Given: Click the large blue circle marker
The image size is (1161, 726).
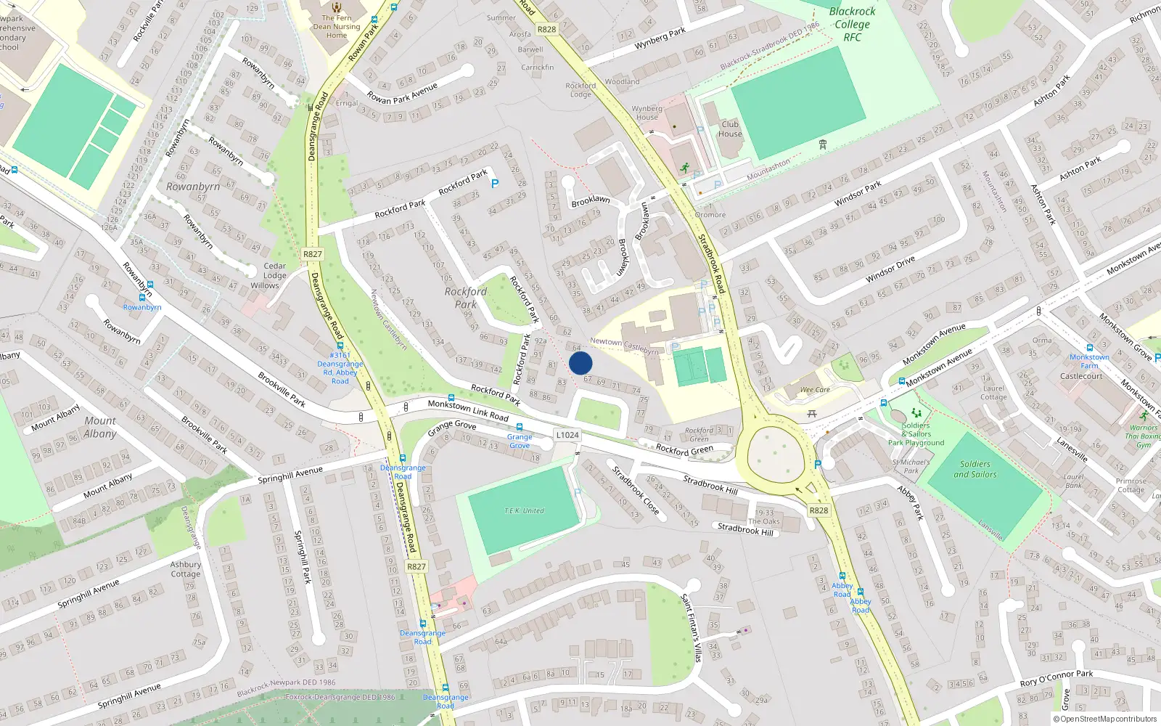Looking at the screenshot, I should (580, 363).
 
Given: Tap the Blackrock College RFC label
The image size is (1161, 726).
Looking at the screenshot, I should (852, 24).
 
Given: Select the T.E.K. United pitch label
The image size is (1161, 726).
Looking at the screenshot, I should (524, 510).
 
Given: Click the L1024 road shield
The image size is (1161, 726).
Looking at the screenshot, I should (567, 435).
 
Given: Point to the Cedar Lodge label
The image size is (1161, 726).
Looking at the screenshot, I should (274, 270).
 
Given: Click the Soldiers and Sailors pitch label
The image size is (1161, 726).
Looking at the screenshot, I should (975, 469).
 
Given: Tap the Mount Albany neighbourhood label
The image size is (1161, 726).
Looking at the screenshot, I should (100, 427).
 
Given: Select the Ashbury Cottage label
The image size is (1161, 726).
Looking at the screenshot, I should (186, 568).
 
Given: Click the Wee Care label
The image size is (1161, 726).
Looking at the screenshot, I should (815, 390).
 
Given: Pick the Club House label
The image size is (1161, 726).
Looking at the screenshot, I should (730, 129).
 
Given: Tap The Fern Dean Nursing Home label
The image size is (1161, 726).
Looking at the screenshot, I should (337, 26).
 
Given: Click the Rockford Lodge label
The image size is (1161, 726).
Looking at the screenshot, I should (580, 89).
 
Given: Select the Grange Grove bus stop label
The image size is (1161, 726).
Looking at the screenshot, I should (520, 441).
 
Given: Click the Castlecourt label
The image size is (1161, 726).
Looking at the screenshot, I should (1081, 376).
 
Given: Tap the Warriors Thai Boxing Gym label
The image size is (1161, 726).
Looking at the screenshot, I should (1143, 436).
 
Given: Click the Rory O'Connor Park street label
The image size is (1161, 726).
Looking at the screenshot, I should (1057, 678).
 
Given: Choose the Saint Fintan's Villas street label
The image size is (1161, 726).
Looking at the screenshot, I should (691, 627).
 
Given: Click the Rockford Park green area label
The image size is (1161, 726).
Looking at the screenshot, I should (466, 298).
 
